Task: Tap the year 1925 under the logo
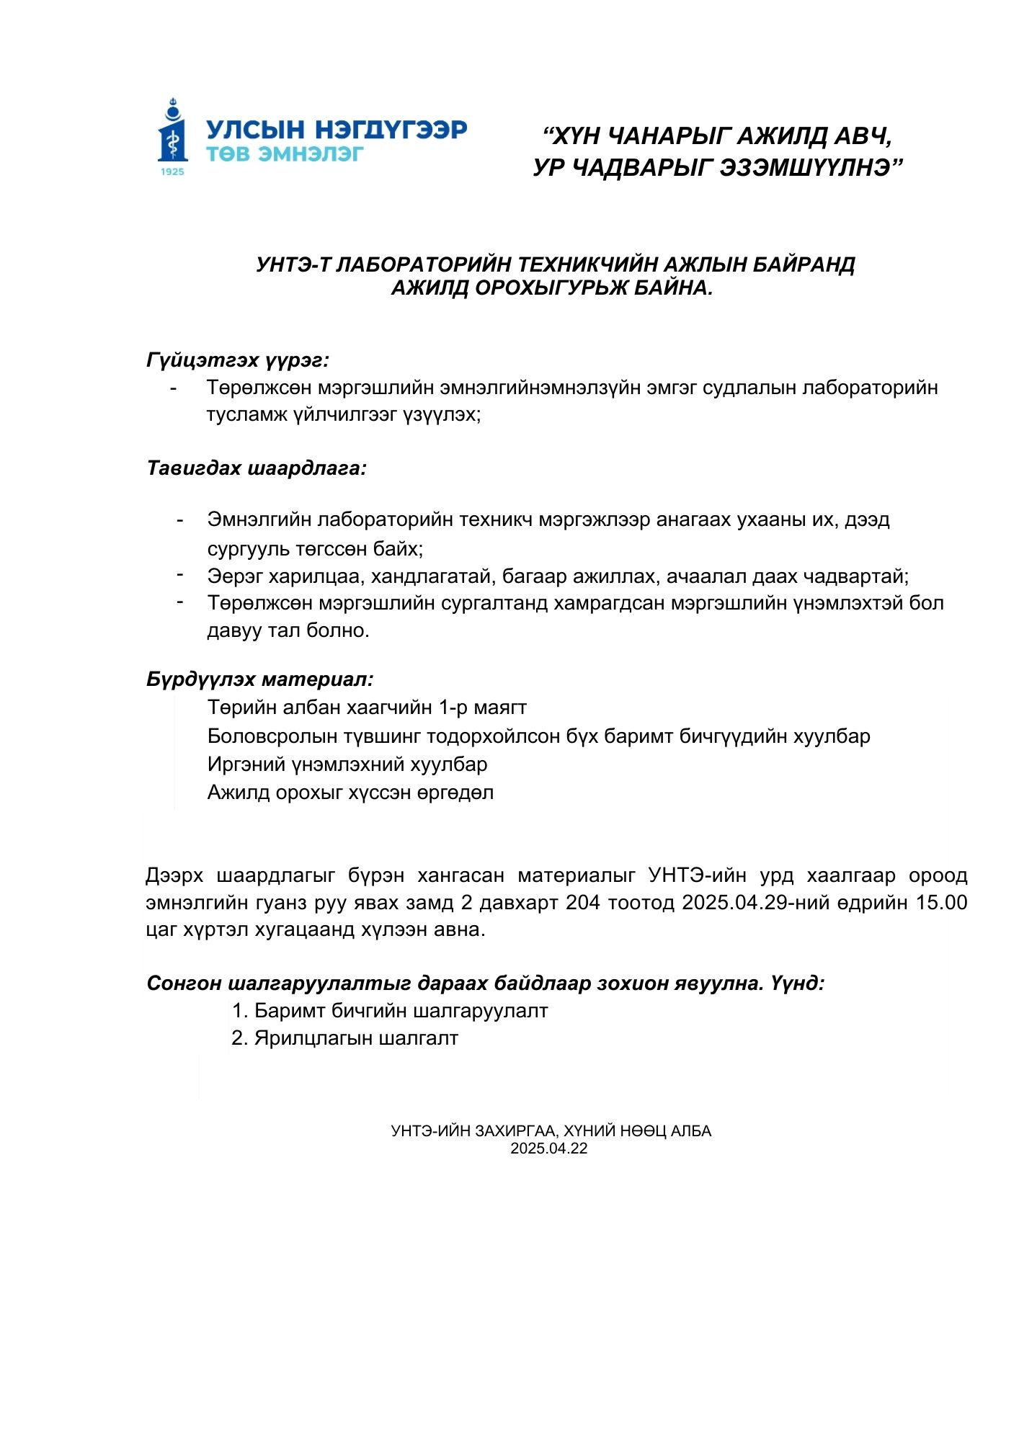(x=172, y=171)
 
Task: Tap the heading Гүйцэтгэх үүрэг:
(x=238, y=360)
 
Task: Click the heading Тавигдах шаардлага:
(x=257, y=468)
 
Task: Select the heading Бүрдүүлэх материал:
(x=259, y=679)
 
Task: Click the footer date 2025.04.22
(x=549, y=1148)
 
